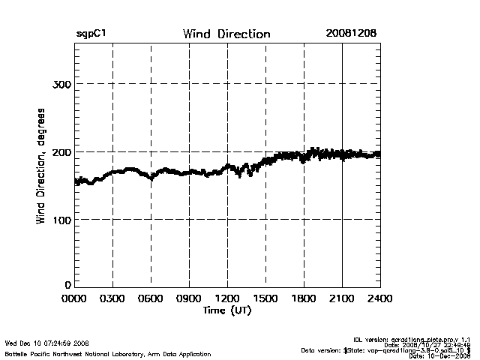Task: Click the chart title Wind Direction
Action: tap(226, 34)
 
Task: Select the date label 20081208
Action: tap(351, 34)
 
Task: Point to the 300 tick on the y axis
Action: tap(61, 84)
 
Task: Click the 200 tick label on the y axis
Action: tap(61, 152)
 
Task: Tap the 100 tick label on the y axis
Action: tap(61, 220)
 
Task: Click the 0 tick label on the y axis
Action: tap(67, 285)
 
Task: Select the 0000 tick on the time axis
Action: tap(74, 298)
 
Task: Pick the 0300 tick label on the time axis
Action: tap(112, 298)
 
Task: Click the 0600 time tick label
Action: tap(151, 298)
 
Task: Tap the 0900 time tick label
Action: tap(189, 298)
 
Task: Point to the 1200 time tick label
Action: tap(227, 298)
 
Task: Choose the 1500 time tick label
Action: tap(265, 298)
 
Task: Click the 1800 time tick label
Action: tap(304, 298)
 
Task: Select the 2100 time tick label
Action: tap(342, 298)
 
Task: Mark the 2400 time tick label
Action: tap(379, 298)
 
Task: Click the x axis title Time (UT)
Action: tap(227, 310)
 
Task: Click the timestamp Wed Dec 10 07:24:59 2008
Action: tap(47, 343)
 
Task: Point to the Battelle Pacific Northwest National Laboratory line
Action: tap(108, 353)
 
